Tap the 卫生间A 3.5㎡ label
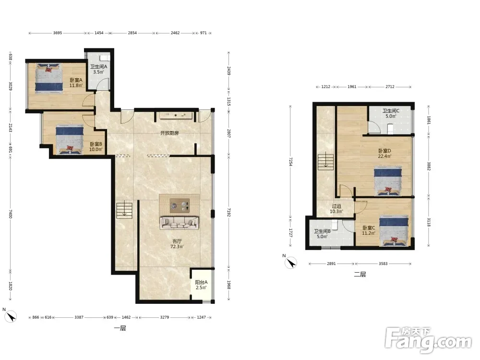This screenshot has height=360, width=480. [x=98, y=69]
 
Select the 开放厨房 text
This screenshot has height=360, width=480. [x=169, y=133]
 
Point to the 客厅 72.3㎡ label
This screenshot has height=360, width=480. [x=177, y=244]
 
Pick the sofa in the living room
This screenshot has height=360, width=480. [x=179, y=223]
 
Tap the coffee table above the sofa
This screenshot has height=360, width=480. [x=180, y=205]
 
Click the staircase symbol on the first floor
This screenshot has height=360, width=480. [x=124, y=211]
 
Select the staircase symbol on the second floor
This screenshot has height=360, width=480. [x=326, y=162]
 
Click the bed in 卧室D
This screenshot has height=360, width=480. [x=388, y=181]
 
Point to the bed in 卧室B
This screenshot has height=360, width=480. [x=70, y=140]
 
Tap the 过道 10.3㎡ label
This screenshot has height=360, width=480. [x=336, y=209]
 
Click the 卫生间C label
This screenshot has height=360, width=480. [x=391, y=111]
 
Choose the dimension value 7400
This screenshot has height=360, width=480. [x=10, y=214]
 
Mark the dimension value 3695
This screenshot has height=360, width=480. [x=58, y=33]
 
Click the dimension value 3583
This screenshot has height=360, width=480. [x=383, y=264]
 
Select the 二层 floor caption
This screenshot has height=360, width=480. [x=360, y=274]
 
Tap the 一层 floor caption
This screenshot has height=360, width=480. [x=120, y=328]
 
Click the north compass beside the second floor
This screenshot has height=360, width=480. [x=291, y=263]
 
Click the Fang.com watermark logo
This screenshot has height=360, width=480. [x=428, y=339]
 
